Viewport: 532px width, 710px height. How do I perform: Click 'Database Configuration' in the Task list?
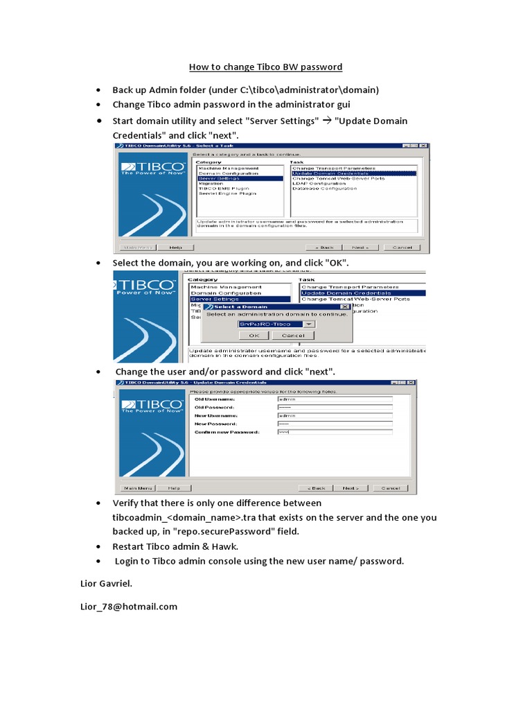[323, 189]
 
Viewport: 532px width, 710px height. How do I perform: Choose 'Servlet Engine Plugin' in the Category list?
[227, 193]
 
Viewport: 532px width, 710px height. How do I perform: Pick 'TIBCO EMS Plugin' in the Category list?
[223, 189]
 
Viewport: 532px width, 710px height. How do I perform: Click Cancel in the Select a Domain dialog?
[293, 336]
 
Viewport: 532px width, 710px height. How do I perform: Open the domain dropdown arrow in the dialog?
[310, 324]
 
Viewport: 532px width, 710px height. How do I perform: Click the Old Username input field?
[334, 399]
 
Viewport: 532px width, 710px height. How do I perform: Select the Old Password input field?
[334, 408]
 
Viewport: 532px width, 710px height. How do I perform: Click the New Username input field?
[334, 416]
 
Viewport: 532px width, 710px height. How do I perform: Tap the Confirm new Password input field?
[334, 432]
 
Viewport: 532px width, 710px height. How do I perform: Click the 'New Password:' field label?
[216, 424]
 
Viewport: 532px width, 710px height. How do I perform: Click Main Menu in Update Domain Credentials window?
[139, 488]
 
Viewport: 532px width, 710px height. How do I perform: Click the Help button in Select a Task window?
[175, 247]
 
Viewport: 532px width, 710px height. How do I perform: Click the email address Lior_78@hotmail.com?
[129, 607]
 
